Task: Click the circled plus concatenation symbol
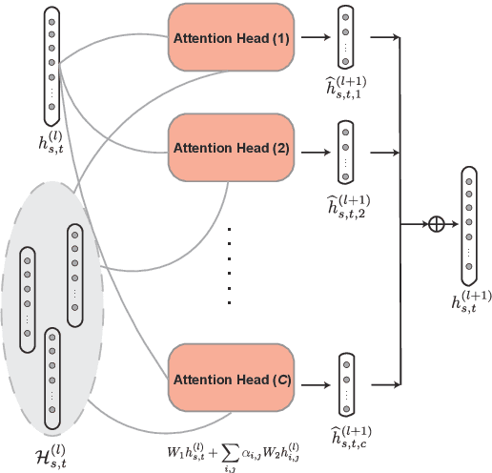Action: (437, 224)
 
